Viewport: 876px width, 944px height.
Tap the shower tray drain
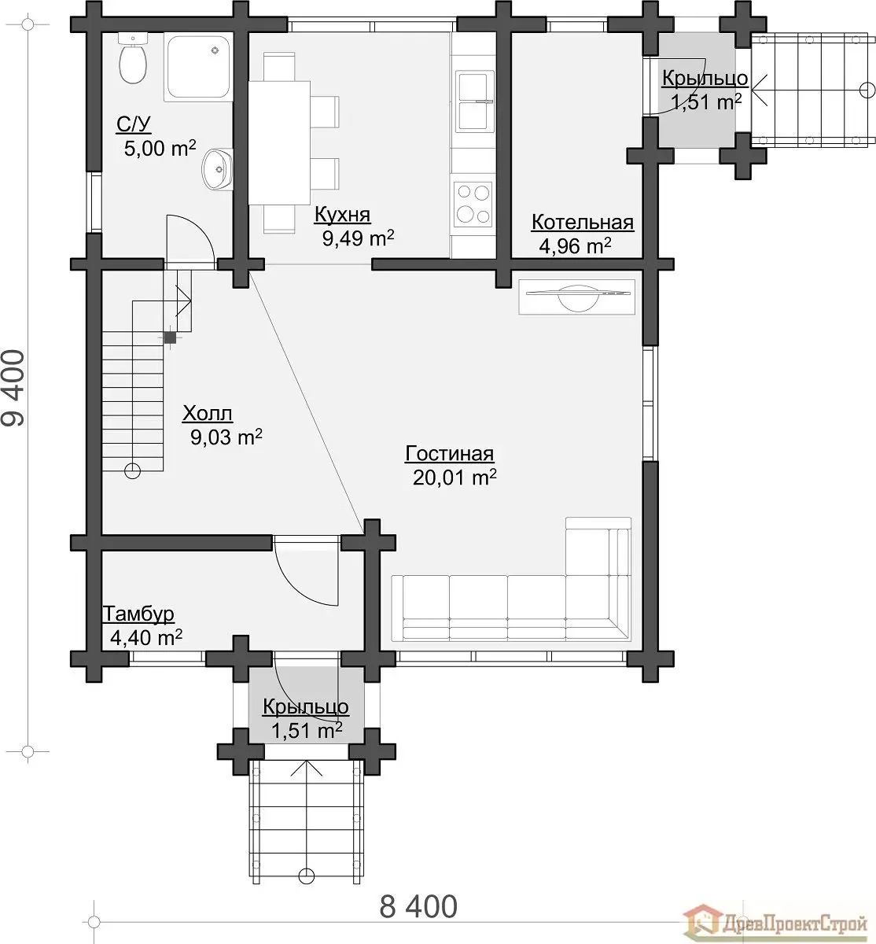(x=215, y=50)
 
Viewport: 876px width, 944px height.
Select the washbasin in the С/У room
(x=218, y=169)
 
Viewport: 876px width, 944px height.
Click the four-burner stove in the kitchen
(x=473, y=205)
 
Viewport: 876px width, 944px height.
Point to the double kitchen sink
(x=474, y=101)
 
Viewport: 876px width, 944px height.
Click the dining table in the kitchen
(x=279, y=142)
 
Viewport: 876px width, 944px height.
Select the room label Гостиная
(x=449, y=454)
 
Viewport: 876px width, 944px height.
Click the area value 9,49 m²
(x=358, y=238)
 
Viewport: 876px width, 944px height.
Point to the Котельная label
(x=582, y=223)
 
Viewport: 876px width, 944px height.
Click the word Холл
(x=208, y=414)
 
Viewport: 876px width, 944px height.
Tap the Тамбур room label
(x=138, y=614)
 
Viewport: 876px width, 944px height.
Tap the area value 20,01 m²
(x=455, y=478)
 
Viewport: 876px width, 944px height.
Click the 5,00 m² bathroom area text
(x=160, y=149)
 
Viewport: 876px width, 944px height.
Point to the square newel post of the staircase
(x=170, y=337)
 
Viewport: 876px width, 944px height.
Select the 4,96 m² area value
(x=575, y=245)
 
